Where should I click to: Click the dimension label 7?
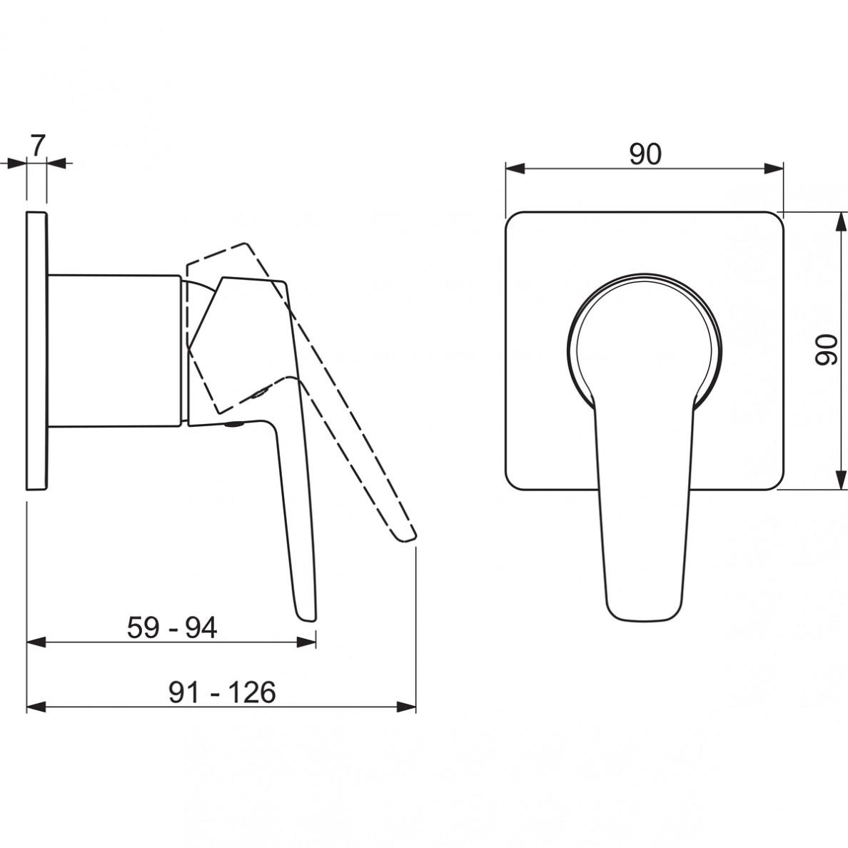click(37, 146)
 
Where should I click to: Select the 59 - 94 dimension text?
click(172, 628)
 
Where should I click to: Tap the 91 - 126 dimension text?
click(222, 692)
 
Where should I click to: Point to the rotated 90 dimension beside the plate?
click(826, 350)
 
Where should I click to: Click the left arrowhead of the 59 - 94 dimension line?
click(36, 642)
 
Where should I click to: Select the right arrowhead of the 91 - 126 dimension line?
click(406, 707)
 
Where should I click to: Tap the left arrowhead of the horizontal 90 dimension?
click(515, 168)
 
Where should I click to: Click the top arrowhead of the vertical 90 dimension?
click(842, 222)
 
